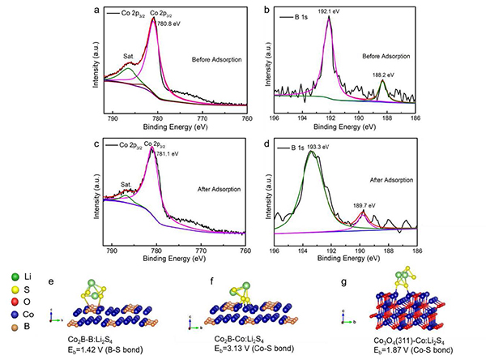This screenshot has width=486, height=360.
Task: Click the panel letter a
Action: (x=98, y=11)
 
